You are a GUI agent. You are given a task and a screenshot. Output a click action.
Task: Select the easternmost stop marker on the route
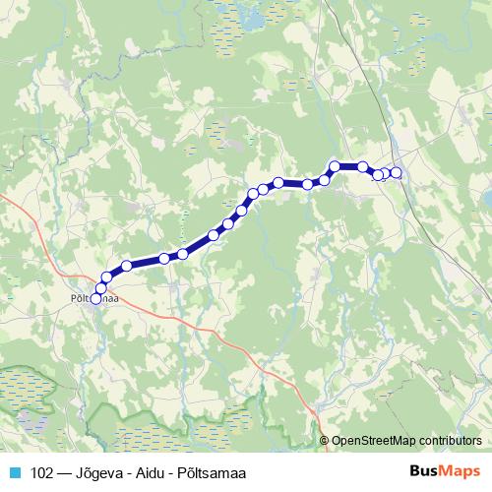(397, 173)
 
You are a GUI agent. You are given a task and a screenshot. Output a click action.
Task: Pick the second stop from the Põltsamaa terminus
(100, 288)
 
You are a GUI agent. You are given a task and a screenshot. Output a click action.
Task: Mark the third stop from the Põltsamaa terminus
(106, 278)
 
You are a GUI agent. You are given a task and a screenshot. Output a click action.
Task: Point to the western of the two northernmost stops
(335, 166)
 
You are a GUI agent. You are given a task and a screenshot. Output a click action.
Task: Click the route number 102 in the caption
(43, 470)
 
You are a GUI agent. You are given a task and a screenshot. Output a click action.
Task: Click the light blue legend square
(14, 470)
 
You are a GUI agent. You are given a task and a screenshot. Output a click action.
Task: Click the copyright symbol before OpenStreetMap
(326, 442)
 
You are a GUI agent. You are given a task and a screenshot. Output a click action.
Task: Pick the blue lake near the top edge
(255, 21)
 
